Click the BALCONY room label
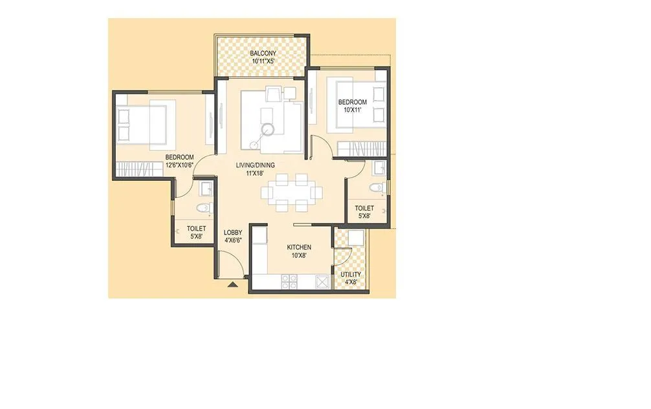coord(262,54)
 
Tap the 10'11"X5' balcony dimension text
coord(262,62)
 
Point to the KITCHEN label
coord(299,247)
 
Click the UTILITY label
coord(351,275)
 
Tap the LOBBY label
coord(233,233)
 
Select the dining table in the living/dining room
coord(291,192)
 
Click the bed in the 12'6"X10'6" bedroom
coord(146,123)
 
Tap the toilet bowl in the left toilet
coord(204,207)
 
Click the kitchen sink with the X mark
coord(322,281)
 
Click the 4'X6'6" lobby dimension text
coord(233,241)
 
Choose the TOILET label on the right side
coord(364,208)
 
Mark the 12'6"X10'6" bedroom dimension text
coord(179,165)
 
